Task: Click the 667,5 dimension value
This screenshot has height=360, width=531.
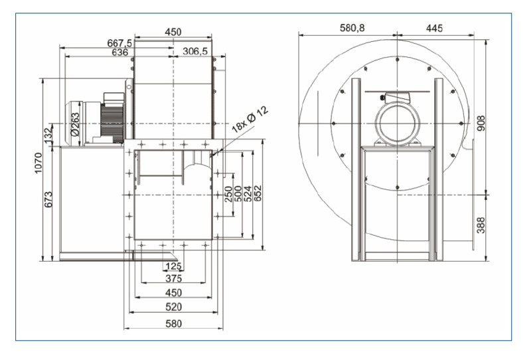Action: [120, 43]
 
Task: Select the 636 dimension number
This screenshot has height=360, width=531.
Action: [120, 52]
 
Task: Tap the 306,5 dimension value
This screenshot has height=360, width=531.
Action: [194, 52]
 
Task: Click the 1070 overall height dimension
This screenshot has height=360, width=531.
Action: [38, 165]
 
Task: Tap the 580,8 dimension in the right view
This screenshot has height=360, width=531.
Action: [352, 29]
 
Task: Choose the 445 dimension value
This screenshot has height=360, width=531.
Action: [435, 29]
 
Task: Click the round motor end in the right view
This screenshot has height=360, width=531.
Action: [396, 124]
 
